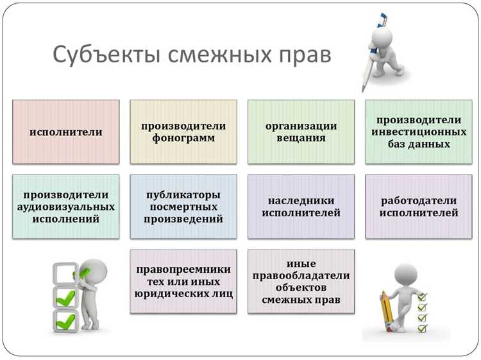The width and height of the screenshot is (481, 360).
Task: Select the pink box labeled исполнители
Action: tap(66, 132)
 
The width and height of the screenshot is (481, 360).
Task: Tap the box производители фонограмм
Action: tap(183, 132)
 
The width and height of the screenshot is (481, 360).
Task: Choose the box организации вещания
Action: tap(301, 132)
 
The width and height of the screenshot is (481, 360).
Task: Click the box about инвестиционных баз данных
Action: tap(418, 132)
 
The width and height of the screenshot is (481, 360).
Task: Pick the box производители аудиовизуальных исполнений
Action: tap(66, 206)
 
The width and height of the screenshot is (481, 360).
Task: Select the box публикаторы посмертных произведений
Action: tap(183, 206)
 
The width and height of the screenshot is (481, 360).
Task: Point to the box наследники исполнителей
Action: tap(301, 206)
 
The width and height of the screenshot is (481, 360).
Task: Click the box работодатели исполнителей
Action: tap(418, 206)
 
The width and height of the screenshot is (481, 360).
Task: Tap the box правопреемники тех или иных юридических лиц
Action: tap(183, 281)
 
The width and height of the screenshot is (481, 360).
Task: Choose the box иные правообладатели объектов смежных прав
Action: tap(301, 281)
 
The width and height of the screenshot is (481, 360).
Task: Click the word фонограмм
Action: tap(183, 138)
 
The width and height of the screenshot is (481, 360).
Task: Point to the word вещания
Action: tap(301, 138)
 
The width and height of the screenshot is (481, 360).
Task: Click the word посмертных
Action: tap(183, 207)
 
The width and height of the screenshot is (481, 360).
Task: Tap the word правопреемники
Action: tap(183, 269)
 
